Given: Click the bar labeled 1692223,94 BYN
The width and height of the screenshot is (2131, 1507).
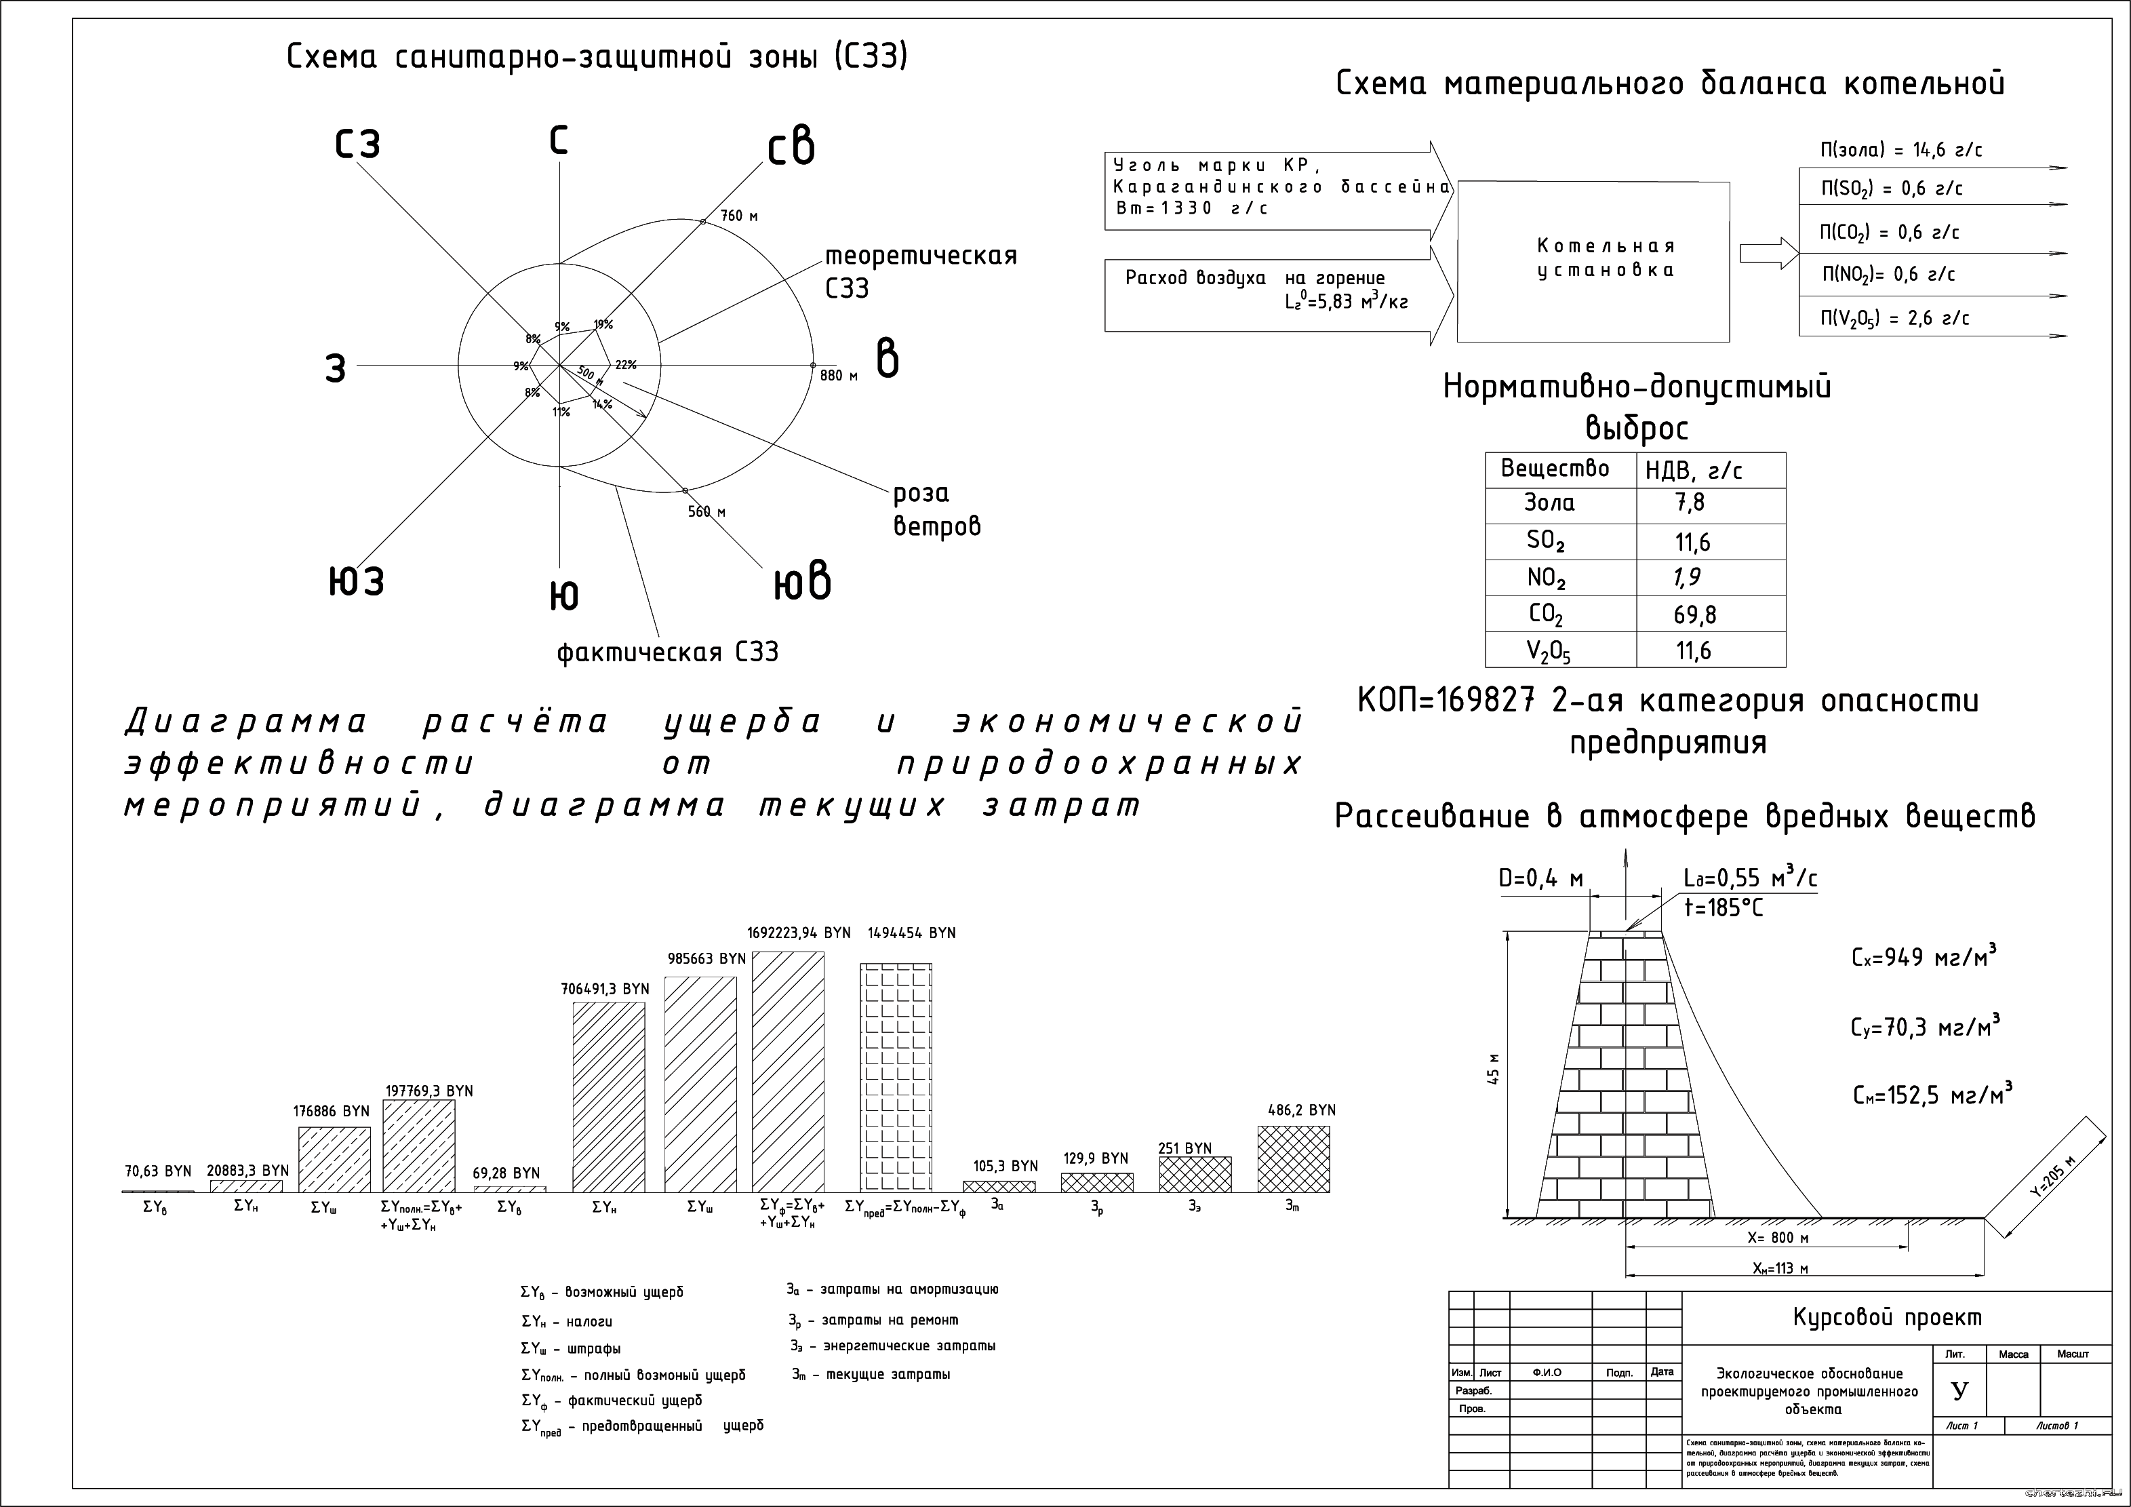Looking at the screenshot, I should [787, 1072].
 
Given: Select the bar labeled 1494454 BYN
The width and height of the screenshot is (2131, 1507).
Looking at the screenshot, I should [896, 1077].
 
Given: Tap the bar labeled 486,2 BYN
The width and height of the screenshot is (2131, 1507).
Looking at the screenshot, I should [1293, 1159].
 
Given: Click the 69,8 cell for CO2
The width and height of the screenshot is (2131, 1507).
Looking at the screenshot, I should [1695, 614].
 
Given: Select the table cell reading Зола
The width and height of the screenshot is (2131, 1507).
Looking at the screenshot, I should [1549, 503].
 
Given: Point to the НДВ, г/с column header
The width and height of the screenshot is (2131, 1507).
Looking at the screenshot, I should [1693, 471].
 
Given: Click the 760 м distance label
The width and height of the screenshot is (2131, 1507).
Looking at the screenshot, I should [739, 216].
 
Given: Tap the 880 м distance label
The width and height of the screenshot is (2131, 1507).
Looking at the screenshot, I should [838, 376].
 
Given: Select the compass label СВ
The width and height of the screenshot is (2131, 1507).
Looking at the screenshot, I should [791, 149].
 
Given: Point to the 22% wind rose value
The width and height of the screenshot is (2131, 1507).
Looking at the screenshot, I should [626, 365].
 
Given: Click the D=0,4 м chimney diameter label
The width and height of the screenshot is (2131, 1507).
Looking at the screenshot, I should [1540, 878].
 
